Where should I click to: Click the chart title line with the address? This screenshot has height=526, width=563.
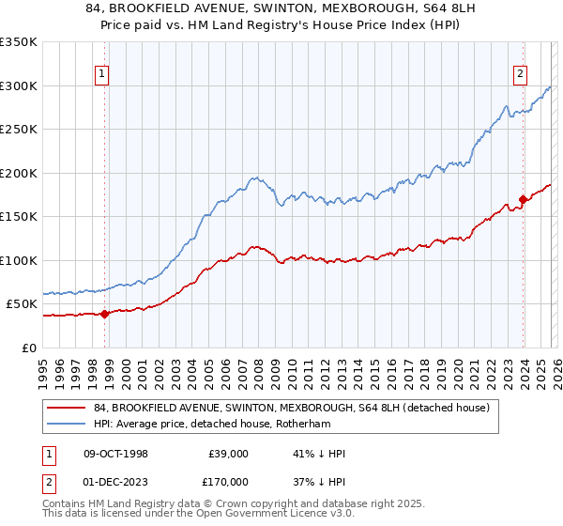point(281,8)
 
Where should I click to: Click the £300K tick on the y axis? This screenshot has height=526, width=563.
point(19,85)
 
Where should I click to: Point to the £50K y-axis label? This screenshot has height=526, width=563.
point(22,304)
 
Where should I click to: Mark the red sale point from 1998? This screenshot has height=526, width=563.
point(105,314)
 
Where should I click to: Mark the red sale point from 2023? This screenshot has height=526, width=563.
point(522,199)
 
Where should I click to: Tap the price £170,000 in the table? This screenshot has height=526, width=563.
point(228,480)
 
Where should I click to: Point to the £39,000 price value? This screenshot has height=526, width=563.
point(228,454)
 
